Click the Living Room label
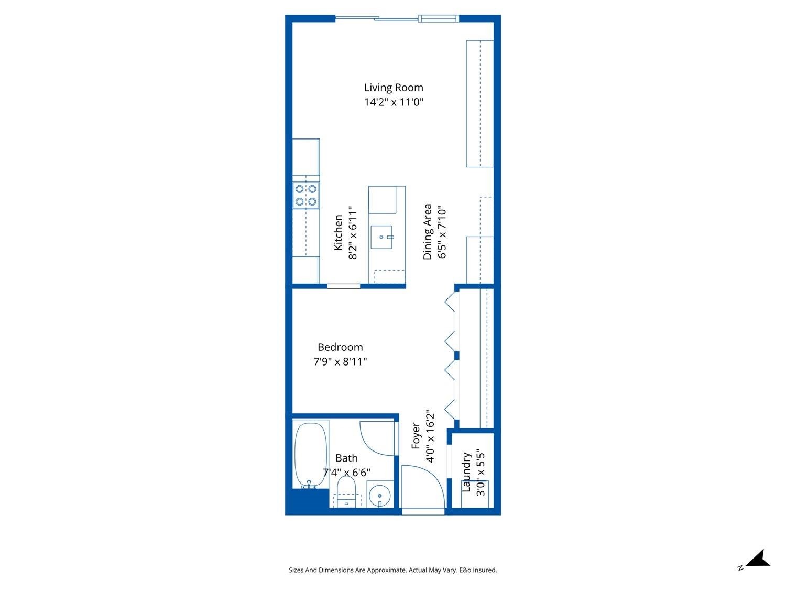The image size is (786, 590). (394, 88)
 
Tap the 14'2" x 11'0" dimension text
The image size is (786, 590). (394, 102)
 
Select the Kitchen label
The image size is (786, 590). (339, 232)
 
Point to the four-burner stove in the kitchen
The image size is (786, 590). (306, 195)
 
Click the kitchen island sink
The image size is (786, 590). (381, 237)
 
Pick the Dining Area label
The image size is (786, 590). (428, 231)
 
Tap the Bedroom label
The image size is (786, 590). (340, 347)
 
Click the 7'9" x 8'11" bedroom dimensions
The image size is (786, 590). (340, 361)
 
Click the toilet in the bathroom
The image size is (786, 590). (346, 492)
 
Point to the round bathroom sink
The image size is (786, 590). (379, 495)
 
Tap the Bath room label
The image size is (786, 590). (346, 458)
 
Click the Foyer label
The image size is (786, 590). (416, 436)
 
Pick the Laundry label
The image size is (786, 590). (466, 472)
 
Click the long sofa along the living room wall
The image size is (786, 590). (479, 103)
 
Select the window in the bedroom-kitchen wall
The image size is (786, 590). (344, 286)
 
